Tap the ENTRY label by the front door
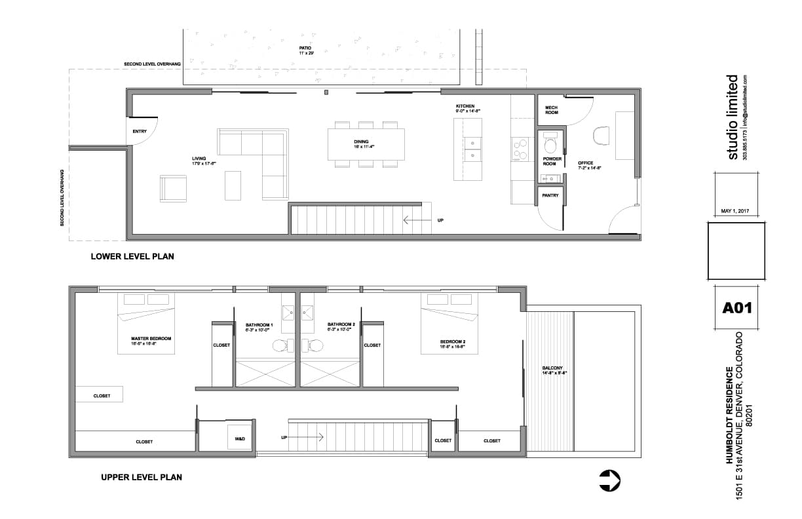click(140, 132)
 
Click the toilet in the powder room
click(550, 142)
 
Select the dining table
click(366, 144)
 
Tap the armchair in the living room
click(174, 189)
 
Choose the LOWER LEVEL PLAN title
click(132, 257)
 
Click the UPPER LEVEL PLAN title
click(142, 477)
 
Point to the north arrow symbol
click(609, 480)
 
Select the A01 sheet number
click(736, 307)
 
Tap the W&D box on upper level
click(239, 438)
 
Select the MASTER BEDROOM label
click(151, 339)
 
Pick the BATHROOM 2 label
click(341, 324)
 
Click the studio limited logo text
click(733, 117)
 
